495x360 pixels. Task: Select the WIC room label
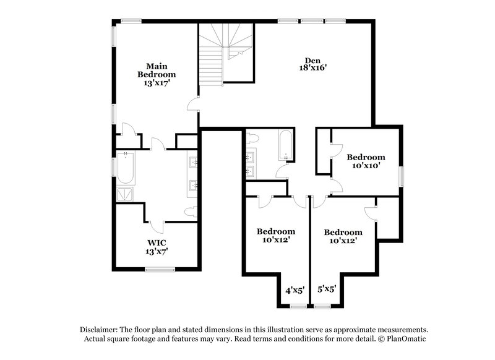(157, 247)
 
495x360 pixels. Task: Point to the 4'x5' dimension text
(295, 289)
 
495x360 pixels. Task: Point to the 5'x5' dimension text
(326, 289)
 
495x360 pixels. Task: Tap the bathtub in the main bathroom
(126, 168)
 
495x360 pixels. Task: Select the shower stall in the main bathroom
(125, 194)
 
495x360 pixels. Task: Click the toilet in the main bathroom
(191, 212)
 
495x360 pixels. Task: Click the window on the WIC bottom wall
(160, 268)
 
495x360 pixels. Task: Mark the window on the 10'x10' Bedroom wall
(401, 176)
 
